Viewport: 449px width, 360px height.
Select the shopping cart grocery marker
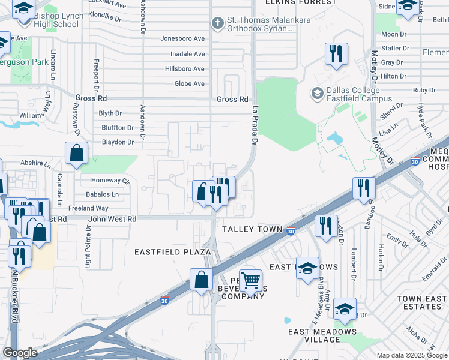250,280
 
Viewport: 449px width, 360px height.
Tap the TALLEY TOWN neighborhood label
252,230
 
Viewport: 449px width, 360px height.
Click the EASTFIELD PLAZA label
172,252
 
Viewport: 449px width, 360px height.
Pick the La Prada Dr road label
254,126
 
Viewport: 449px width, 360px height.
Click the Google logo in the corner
20,353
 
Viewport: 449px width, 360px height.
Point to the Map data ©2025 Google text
412,355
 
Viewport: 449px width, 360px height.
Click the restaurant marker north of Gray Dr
336,54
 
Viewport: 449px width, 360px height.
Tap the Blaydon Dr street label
118,142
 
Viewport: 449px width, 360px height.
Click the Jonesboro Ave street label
182,38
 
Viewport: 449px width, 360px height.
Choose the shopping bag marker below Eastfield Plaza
202,279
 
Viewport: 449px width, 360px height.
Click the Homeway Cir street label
110,180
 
